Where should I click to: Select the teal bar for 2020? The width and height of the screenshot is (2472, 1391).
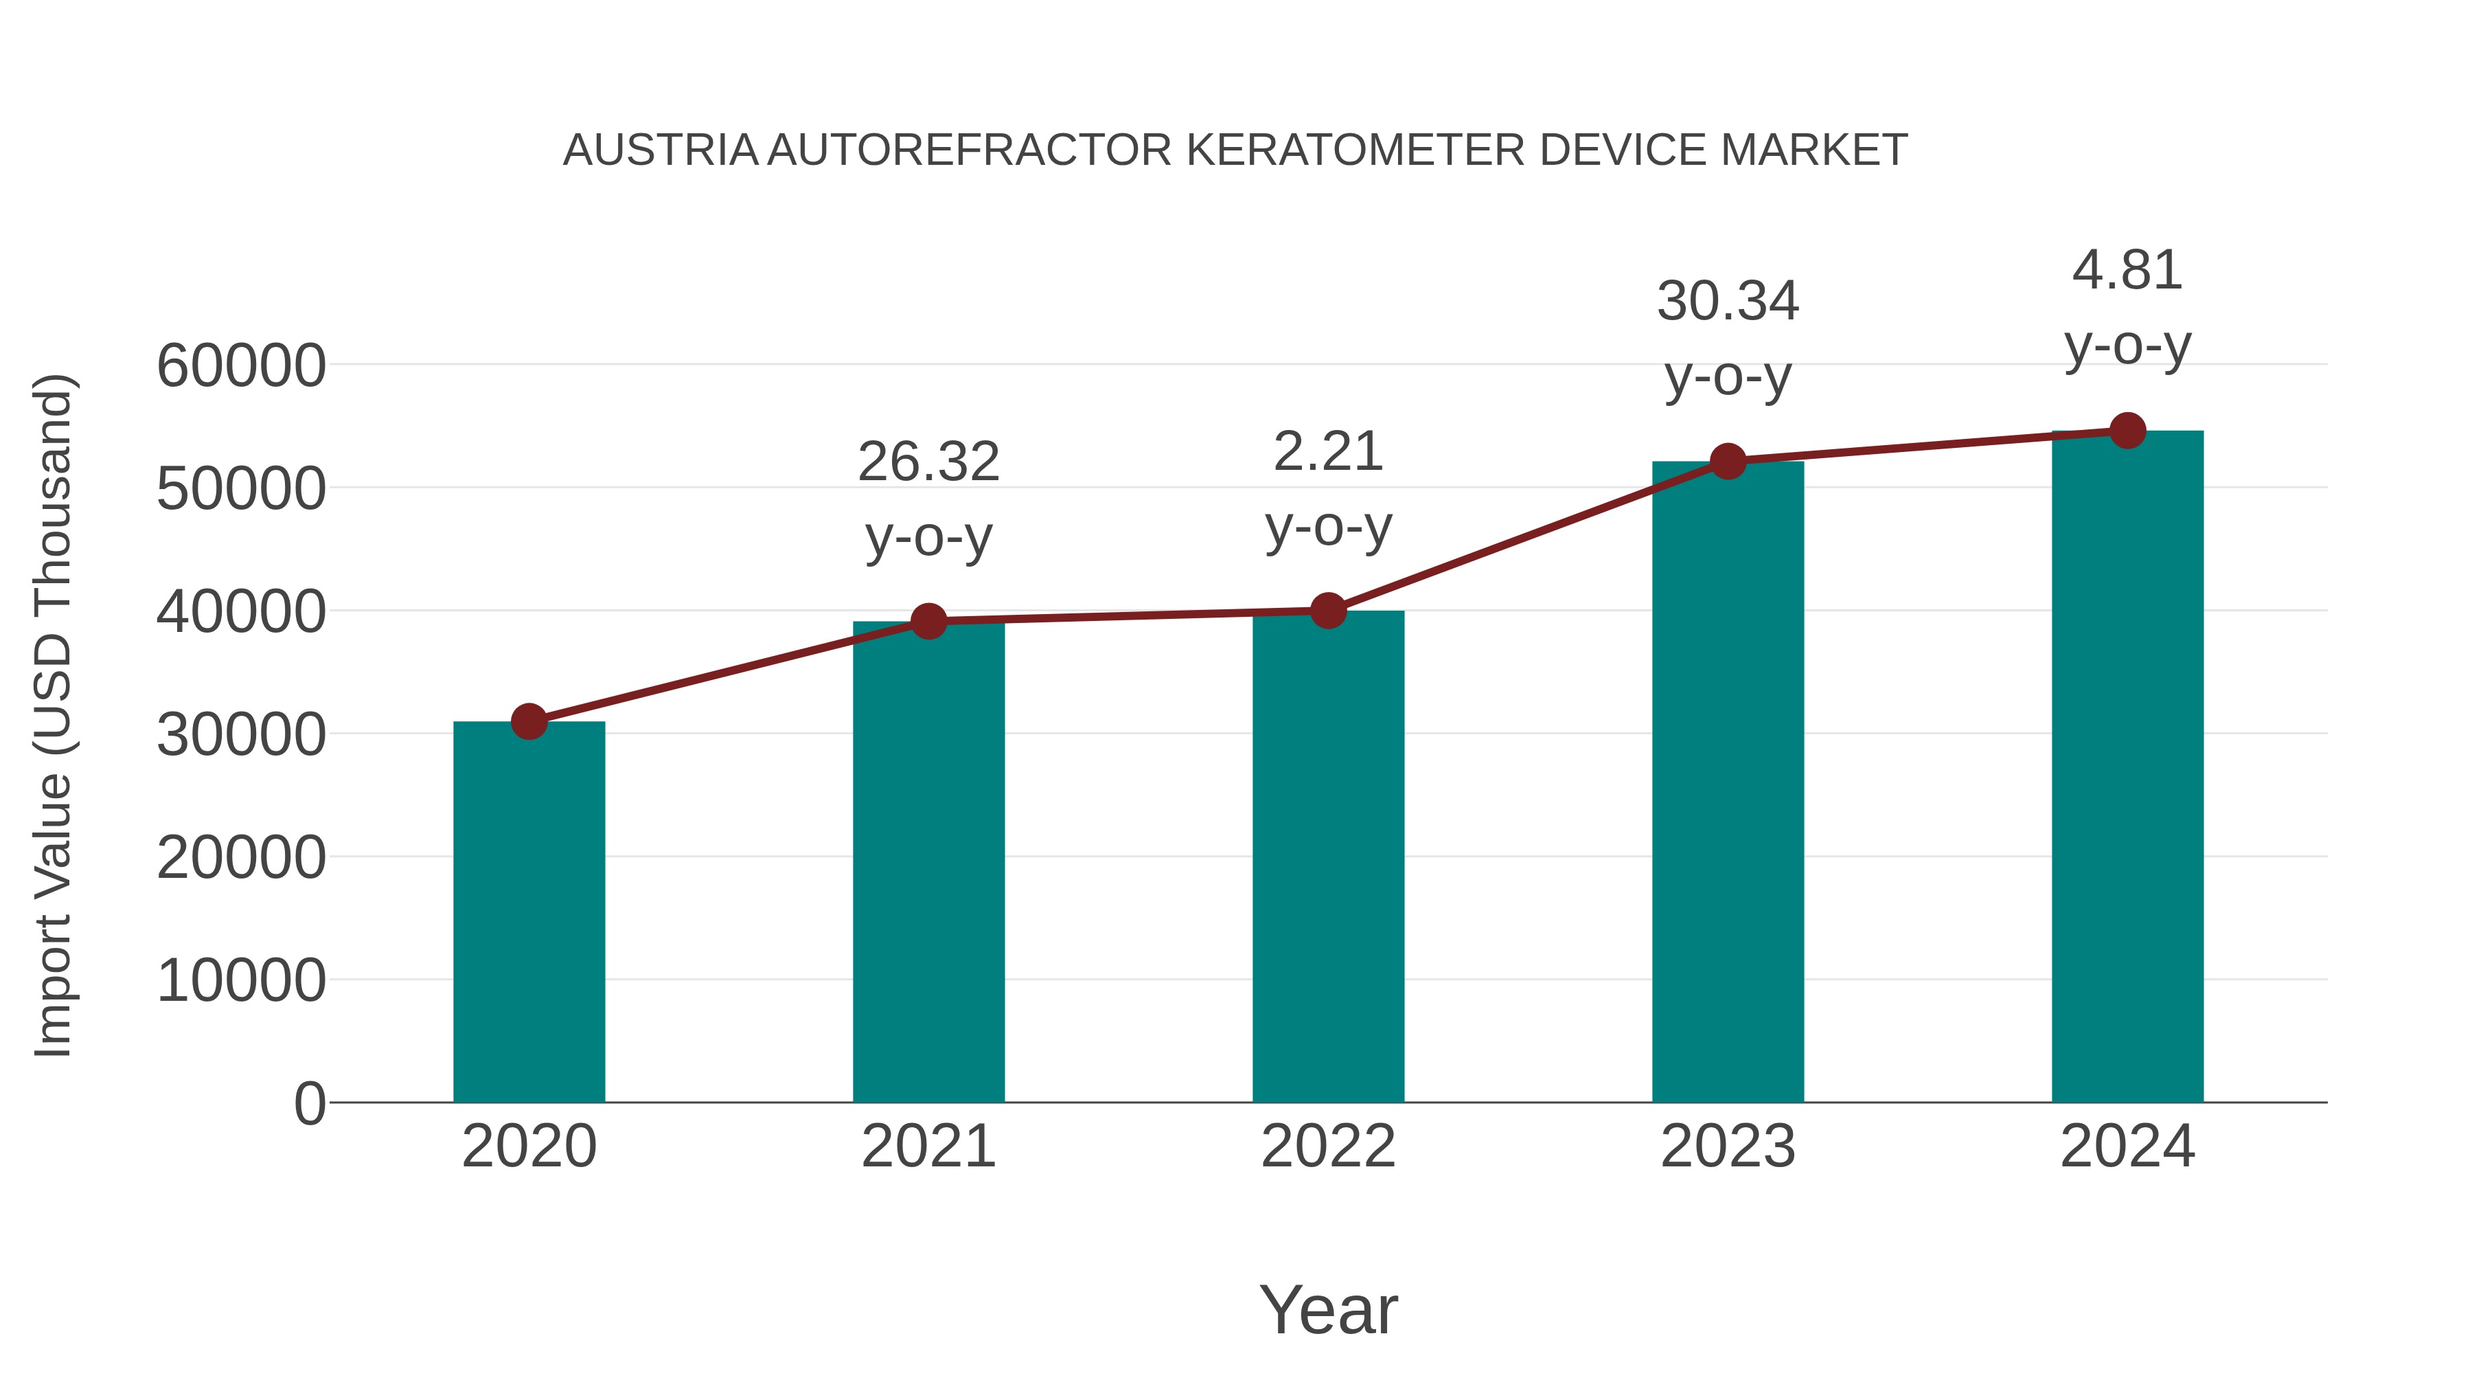529,912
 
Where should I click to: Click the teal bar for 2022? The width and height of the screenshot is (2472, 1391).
1328,857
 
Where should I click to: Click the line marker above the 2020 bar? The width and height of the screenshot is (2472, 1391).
529,721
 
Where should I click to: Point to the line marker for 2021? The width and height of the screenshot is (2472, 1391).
928,621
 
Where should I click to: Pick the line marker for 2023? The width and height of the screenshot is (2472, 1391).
1728,462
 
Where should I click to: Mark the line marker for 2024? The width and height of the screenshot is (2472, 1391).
2127,431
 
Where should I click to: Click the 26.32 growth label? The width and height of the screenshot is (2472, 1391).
928,463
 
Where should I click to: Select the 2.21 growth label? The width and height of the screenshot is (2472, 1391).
1328,452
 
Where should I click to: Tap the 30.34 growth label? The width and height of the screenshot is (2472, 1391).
1728,302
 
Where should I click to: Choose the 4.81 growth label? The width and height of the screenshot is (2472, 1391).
2127,271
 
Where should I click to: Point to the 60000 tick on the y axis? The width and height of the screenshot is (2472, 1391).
241,367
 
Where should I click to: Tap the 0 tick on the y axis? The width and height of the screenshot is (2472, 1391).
309,1104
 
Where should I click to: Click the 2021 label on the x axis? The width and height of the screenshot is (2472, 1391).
928,1146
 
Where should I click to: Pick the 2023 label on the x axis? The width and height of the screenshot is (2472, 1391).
1728,1146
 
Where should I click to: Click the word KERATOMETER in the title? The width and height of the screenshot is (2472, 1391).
1355,150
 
